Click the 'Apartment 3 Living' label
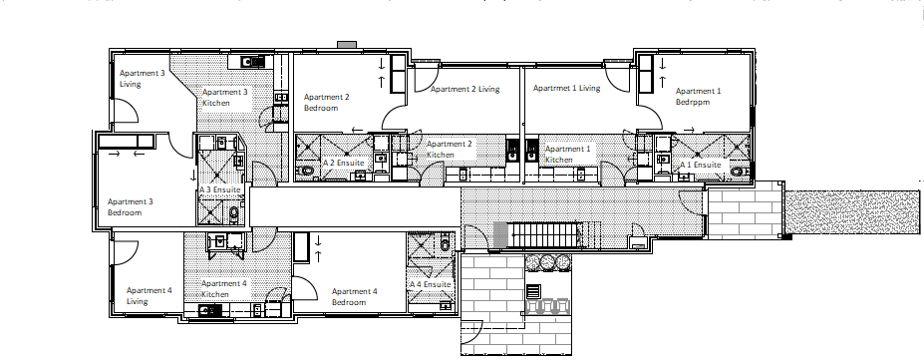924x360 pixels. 142,79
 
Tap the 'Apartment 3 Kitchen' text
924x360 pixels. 224,97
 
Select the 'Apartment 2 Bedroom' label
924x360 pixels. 326,102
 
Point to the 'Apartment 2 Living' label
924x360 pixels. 464,89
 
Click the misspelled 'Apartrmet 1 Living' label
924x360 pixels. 566,88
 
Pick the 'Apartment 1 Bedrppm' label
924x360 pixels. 698,96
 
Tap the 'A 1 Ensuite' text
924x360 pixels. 700,165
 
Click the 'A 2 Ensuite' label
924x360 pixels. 344,162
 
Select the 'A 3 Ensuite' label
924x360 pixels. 220,188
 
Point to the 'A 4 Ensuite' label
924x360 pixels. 431,283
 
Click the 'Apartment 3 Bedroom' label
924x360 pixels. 130,206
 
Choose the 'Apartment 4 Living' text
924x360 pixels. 150,295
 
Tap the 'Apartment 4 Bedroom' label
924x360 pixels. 354,296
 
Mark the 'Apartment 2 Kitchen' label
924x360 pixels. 449,150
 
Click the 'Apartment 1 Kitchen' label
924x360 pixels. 567,154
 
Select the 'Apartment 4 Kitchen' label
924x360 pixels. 224,289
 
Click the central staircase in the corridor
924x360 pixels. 543,235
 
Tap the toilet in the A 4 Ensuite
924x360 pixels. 447,239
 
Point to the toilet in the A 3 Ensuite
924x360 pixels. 232,213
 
